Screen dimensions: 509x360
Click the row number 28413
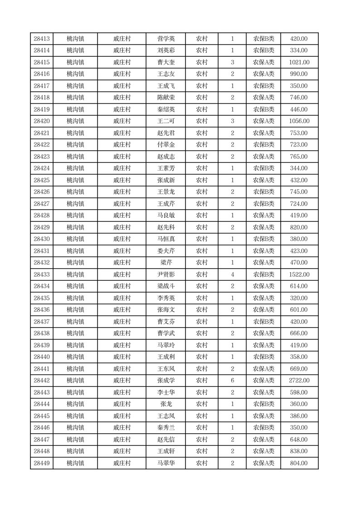tap(42, 39)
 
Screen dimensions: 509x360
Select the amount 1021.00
tap(299, 62)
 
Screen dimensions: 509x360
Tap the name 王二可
tap(165, 121)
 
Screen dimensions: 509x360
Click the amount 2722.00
tap(299, 381)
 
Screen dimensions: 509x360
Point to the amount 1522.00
tap(299, 274)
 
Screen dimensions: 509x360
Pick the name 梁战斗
tap(165, 286)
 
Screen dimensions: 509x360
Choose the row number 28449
tap(42, 463)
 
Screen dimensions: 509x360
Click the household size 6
tap(232, 381)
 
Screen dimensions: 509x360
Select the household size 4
tap(232, 274)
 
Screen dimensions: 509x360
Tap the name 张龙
tap(165, 404)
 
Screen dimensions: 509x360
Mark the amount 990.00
tap(299, 74)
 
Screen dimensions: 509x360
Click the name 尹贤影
tap(165, 274)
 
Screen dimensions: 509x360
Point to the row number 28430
tap(42, 239)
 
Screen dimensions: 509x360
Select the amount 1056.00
tap(299, 121)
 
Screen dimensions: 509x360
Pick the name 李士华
tap(165, 392)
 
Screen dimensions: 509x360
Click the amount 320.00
tap(299, 298)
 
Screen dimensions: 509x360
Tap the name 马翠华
tap(165, 463)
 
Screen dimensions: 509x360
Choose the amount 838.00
tap(299, 451)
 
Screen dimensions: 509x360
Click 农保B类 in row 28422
tap(263, 145)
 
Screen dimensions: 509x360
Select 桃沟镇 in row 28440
tap(75, 357)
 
